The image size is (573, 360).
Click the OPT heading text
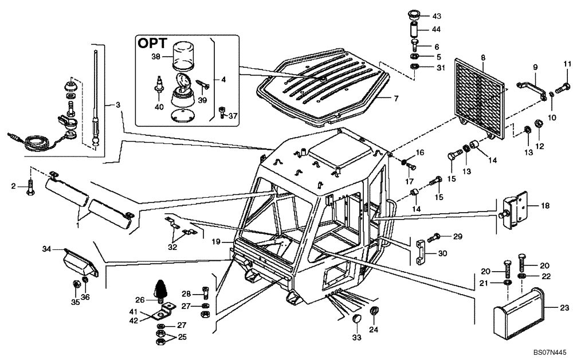152,44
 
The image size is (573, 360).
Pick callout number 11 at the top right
567,63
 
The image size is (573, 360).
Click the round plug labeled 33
356,319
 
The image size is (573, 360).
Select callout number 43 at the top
437,15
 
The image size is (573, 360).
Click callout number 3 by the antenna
118,104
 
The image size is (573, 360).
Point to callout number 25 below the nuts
182,337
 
